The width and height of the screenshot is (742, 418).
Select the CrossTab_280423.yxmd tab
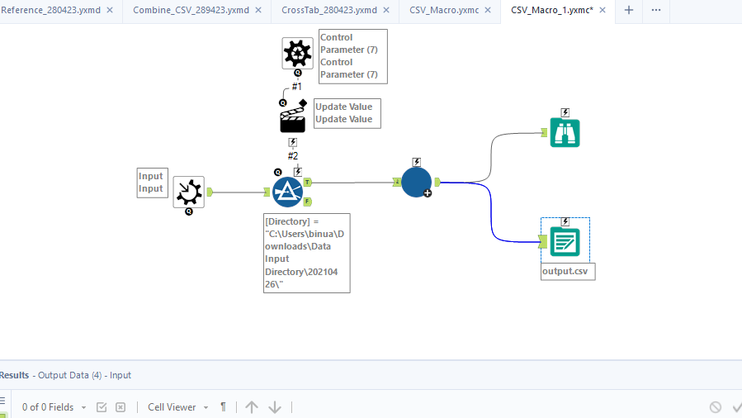tap(328, 11)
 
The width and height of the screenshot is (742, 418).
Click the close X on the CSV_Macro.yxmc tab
tap(488, 11)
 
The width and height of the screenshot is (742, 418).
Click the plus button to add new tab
tap(629, 11)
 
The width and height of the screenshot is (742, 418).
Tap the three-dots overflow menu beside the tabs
tap(656, 11)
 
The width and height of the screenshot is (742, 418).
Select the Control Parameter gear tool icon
tap(297, 53)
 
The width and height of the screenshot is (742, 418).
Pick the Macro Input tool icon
tap(189, 192)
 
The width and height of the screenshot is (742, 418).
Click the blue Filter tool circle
tap(288, 192)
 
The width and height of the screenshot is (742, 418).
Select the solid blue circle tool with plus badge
tap(416, 182)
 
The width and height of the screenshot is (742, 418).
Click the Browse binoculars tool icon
tap(565, 132)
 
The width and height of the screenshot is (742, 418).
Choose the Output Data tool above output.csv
tap(565, 242)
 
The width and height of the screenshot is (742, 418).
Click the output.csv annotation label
tap(568, 272)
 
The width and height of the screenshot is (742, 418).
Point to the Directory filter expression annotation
tap(306, 253)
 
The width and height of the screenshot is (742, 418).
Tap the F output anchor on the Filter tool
tap(307, 201)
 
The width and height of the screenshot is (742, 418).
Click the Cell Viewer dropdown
tap(177, 407)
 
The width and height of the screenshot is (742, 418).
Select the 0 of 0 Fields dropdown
tap(54, 407)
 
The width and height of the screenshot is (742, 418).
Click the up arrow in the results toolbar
tap(252, 407)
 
